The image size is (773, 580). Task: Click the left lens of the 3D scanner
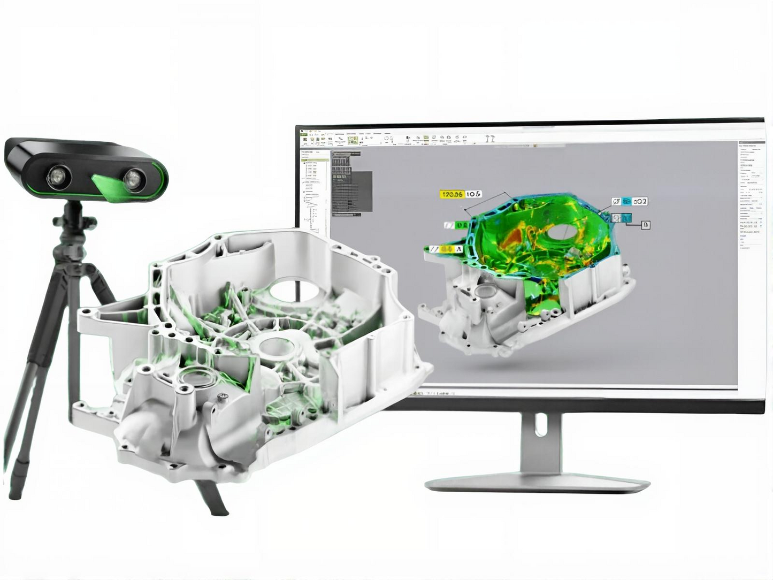55,177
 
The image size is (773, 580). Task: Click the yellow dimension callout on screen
451,194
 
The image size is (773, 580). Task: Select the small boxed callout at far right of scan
646,225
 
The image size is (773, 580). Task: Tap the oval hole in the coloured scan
560,231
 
